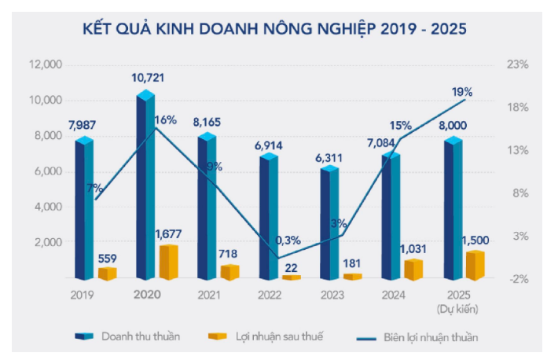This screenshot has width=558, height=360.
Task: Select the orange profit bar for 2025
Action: (475, 266)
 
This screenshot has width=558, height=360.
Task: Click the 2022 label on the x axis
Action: (269, 296)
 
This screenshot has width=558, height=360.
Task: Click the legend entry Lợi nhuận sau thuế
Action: (279, 336)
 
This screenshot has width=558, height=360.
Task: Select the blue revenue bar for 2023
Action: (329, 223)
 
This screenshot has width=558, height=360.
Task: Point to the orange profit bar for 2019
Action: (107, 273)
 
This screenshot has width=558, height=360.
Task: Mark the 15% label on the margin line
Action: (401, 124)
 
